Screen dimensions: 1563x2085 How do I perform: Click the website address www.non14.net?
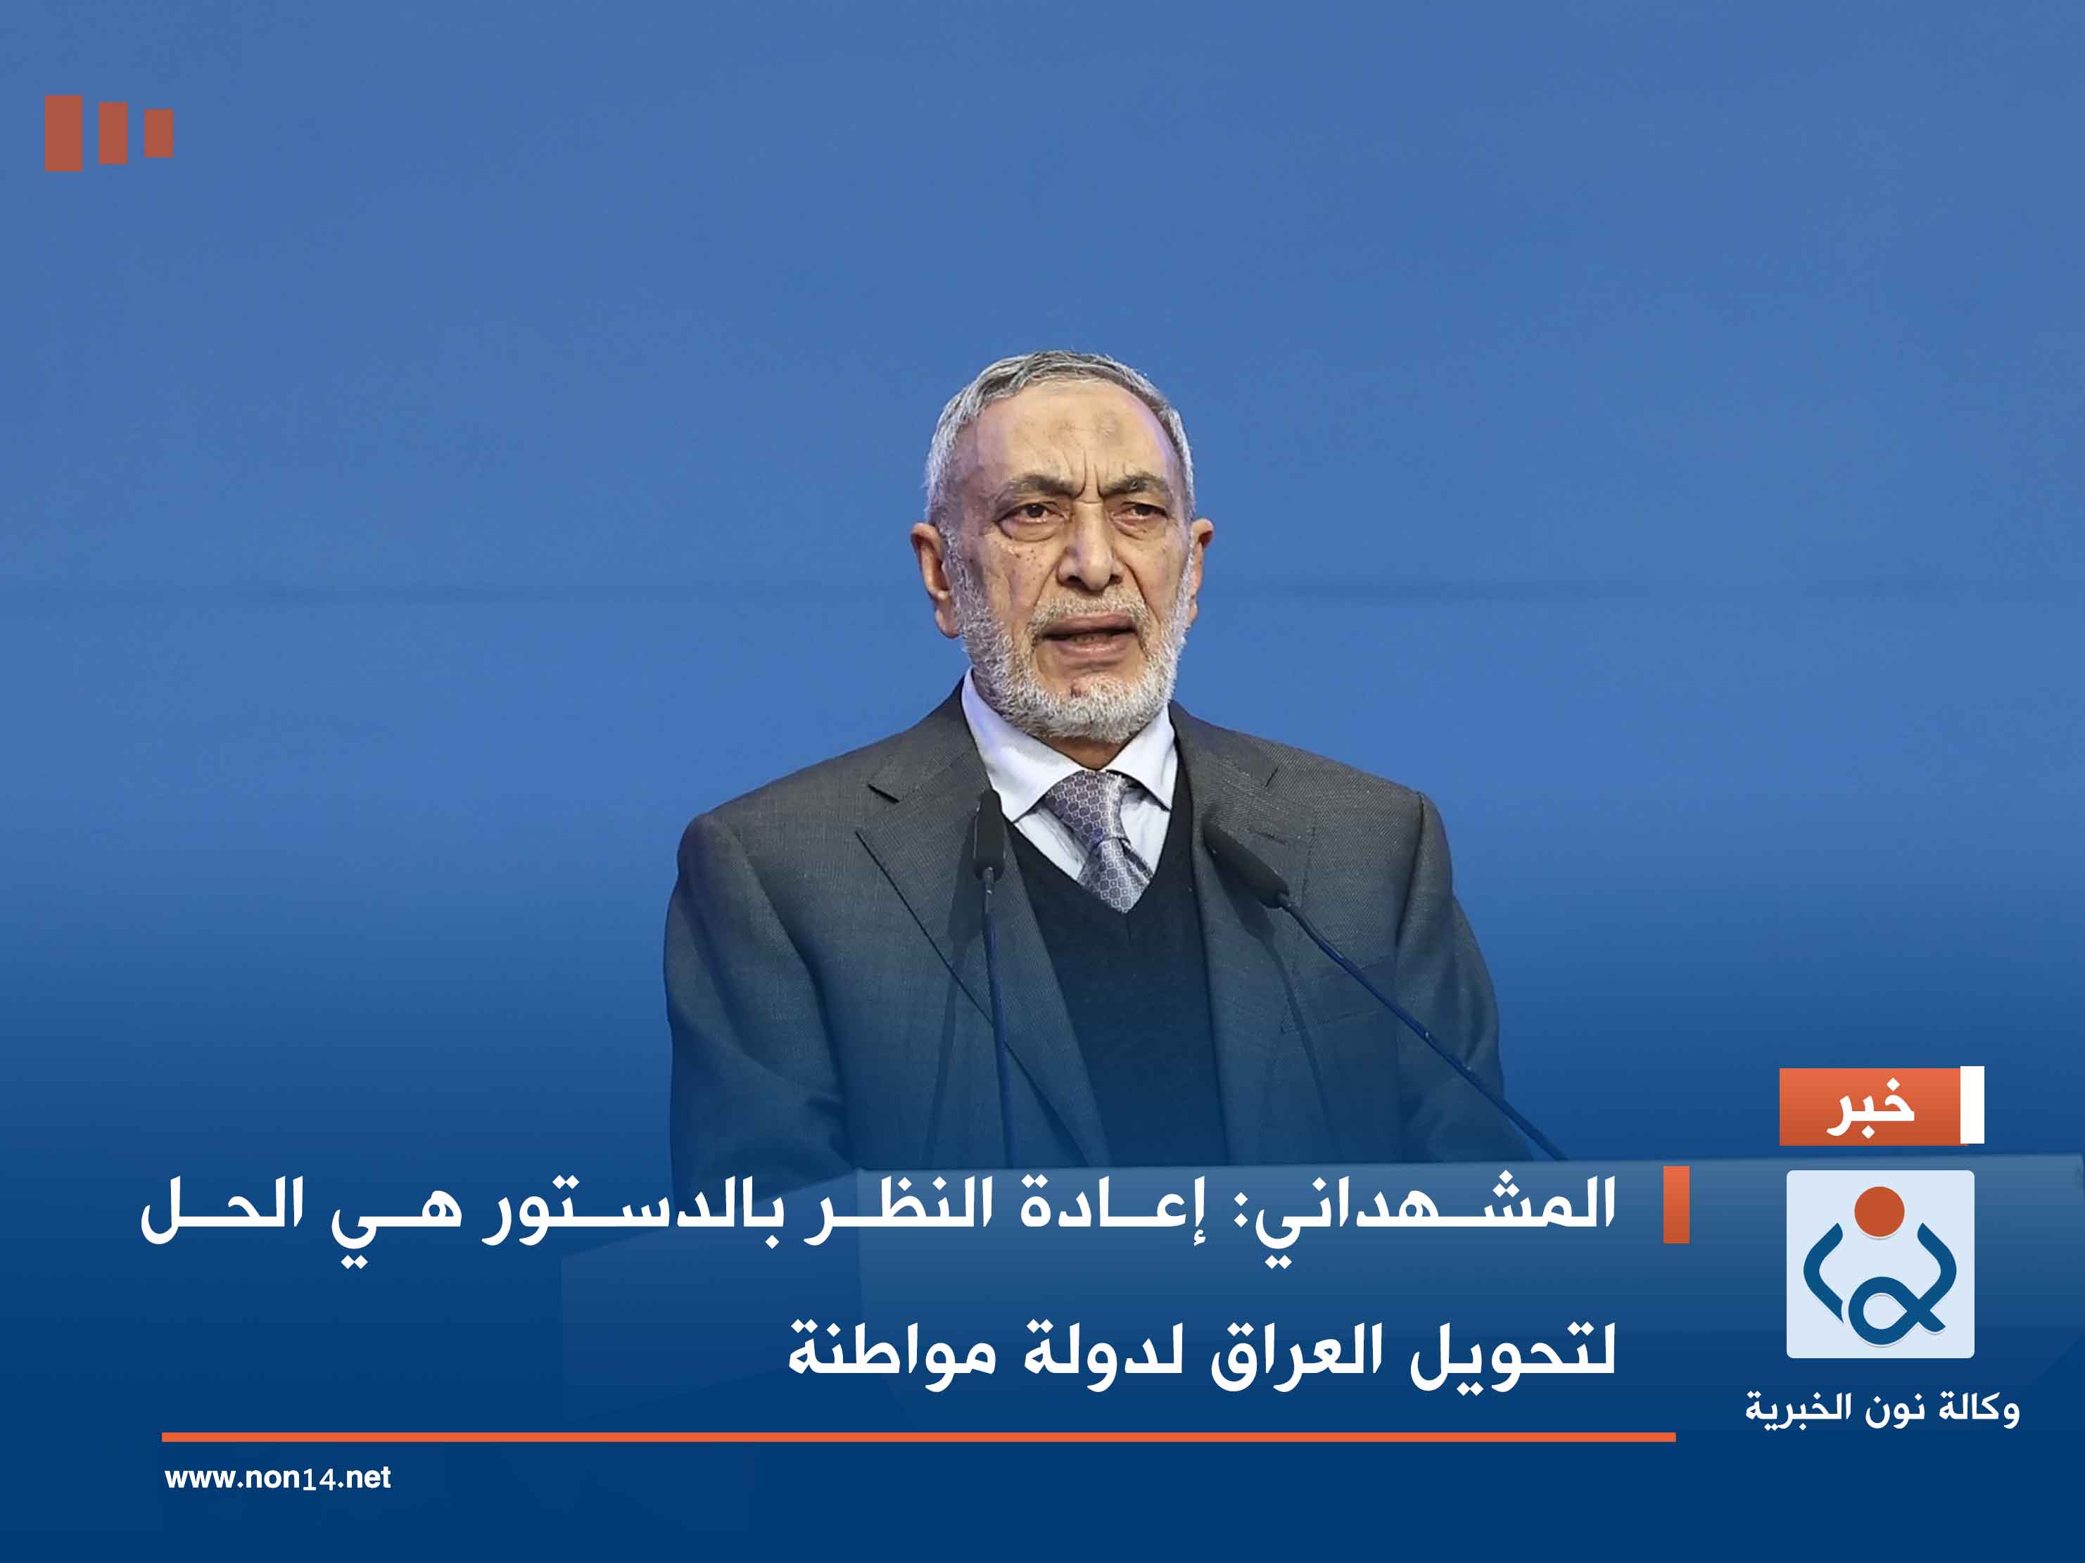tap(277, 1477)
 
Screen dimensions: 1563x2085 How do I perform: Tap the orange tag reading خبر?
tap(1868, 1107)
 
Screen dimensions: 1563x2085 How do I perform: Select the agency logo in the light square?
tap(1880, 1264)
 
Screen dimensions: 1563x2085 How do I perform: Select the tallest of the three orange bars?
tap(63, 133)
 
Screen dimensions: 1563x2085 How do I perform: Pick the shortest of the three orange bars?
tap(159, 133)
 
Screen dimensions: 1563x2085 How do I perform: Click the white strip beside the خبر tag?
tap(1972, 1105)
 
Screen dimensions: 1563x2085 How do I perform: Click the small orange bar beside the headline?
tap(1676, 1205)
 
